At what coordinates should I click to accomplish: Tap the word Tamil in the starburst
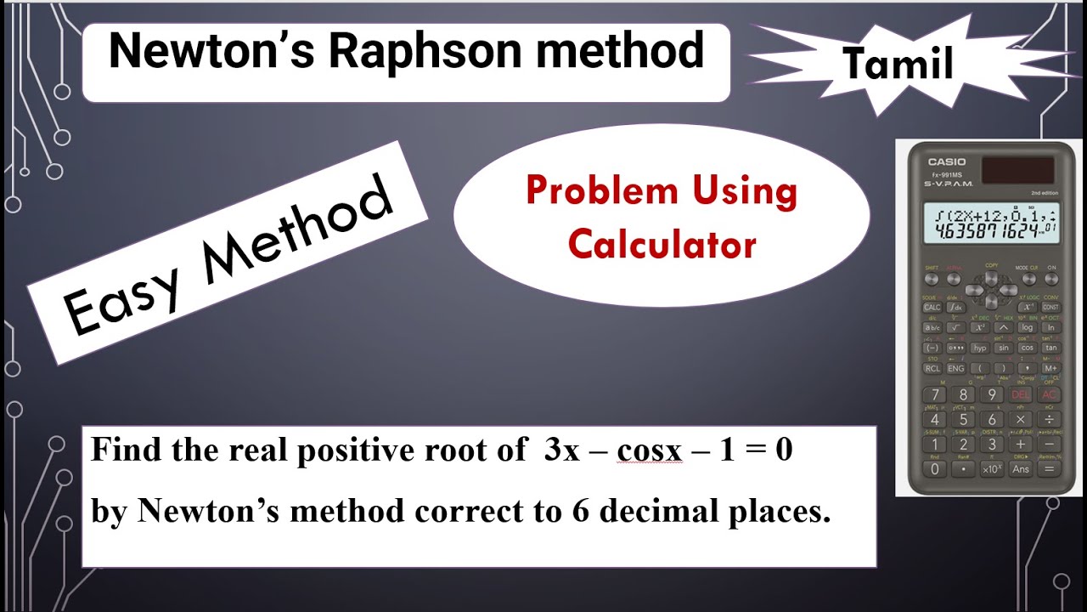pos(897,65)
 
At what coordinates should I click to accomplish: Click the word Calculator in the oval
pos(662,246)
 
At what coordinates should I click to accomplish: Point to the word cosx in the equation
pos(650,450)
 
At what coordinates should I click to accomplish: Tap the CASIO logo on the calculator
pos(946,161)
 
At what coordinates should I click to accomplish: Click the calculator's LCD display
pos(989,223)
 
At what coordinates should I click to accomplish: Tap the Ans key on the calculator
pos(1020,468)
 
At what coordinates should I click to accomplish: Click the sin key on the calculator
pos(1004,348)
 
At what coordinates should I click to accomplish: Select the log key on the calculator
pos(1028,327)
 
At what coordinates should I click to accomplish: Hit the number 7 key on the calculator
pos(935,395)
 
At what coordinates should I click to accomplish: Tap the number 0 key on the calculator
pos(934,468)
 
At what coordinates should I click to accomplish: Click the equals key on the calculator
pos(1050,468)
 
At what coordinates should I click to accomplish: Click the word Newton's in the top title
pos(212,53)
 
